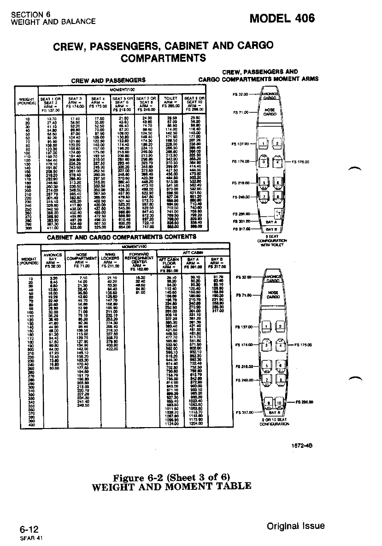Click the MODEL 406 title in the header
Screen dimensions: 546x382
[x=282, y=18]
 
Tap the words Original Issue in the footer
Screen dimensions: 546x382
[x=295, y=526]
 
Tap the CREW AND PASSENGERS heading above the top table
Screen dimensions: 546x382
[x=108, y=80]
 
